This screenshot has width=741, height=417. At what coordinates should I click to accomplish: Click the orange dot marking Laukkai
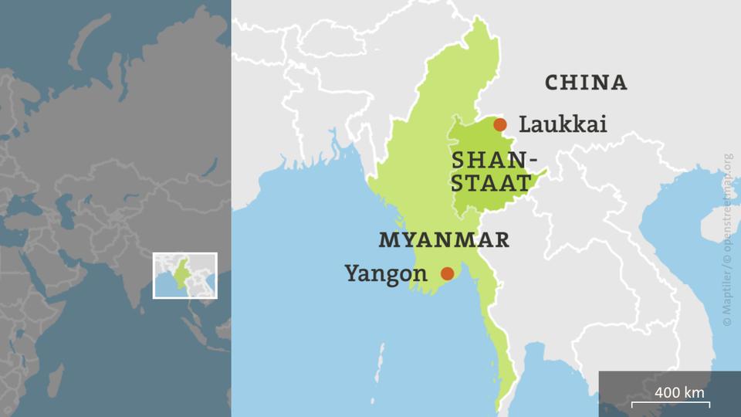pyautogui.click(x=500, y=124)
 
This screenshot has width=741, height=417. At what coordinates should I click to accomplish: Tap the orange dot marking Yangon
pyautogui.click(x=447, y=273)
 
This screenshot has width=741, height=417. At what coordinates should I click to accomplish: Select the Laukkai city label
pyautogui.click(x=563, y=124)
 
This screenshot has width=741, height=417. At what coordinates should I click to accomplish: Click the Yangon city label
pyautogui.click(x=385, y=273)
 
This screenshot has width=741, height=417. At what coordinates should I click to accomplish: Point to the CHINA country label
pyautogui.click(x=586, y=83)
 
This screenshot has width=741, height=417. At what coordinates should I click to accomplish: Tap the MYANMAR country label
pyautogui.click(x=444, y=239)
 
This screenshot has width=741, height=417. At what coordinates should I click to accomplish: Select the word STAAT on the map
pyautogui.click(x=492, y=184)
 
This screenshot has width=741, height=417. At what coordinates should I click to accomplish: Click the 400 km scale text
pyautogui.click(x=680, y=392)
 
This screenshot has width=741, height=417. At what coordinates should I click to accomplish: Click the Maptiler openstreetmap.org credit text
pyautogui.click(x=727, y=239)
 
